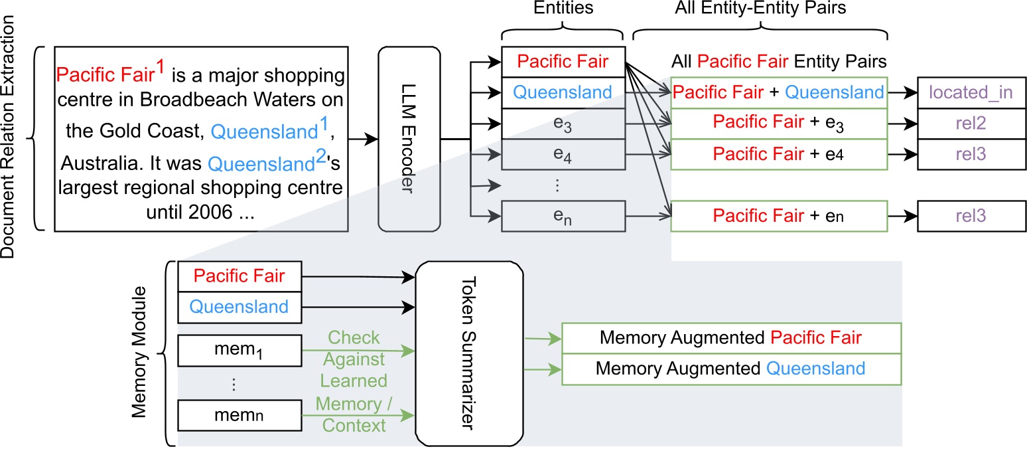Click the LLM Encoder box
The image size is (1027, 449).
[408, 139]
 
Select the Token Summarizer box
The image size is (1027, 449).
[469, 353]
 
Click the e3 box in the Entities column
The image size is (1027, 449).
[563, 124]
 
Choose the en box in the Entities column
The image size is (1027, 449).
[563, 217]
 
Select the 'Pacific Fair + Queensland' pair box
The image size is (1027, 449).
[779, 92]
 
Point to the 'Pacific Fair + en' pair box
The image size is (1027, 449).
[779, 217]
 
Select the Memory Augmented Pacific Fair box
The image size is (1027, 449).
[731, 337]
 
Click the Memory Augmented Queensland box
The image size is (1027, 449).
[731, 369]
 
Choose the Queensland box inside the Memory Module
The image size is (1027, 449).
[240, 307]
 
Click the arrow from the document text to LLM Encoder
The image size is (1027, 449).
[363, 139]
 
